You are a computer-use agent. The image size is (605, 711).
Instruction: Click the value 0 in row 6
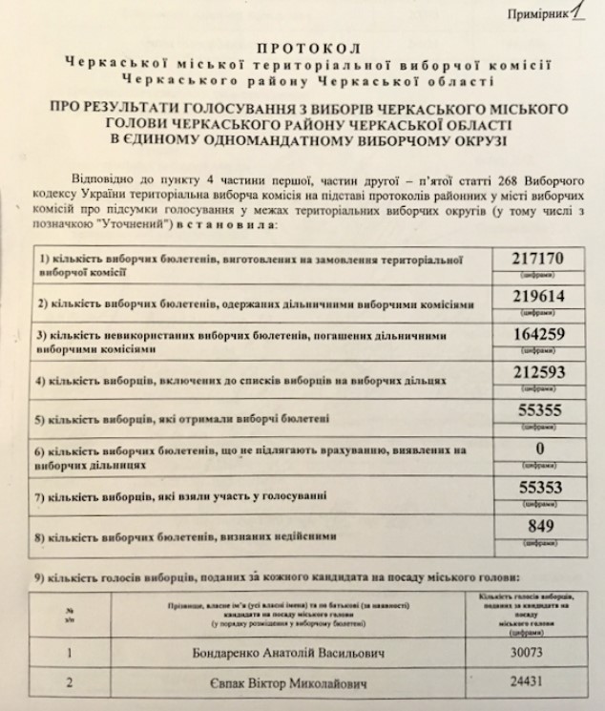540,450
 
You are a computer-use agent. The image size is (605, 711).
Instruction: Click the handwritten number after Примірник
576,10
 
